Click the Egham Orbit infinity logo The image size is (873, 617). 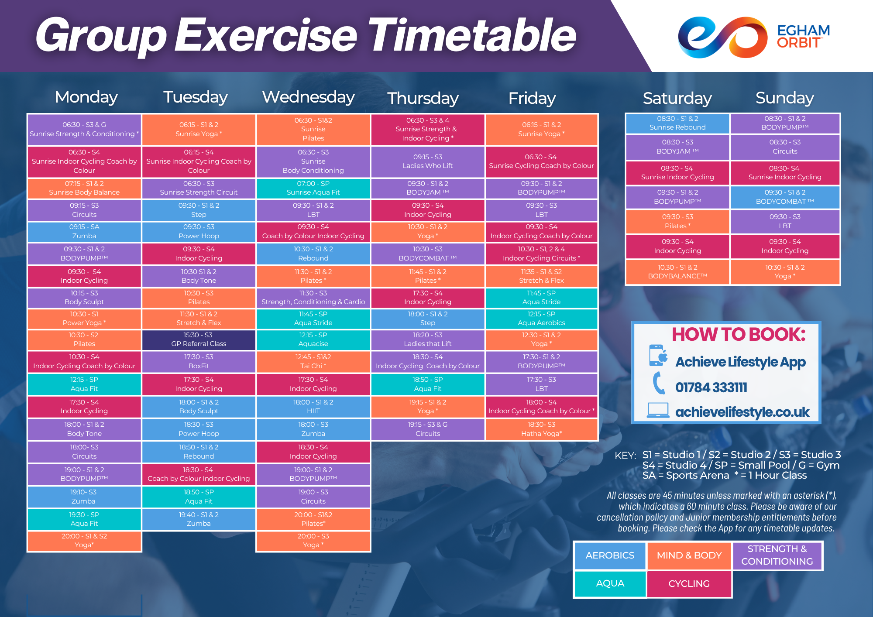pos(722,38)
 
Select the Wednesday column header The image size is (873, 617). pos(308,97)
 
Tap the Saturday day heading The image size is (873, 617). pos(677,98)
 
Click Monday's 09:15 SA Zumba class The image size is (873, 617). pos(84,232)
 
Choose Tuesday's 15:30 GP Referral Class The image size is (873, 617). pos(199,339)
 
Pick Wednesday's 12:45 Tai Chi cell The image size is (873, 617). pos(313,361)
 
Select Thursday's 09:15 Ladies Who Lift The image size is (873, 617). pos(427,161)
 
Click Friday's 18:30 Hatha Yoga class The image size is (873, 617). pos(541,429)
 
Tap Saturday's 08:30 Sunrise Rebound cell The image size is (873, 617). pos(677,123)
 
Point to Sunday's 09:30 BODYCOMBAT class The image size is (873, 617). pos(785,197)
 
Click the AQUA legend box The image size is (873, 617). pos(610,583)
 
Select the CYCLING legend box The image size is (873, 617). pos(689,584)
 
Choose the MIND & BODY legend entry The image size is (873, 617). pos(689,555)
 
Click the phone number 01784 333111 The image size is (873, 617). pos(711,387)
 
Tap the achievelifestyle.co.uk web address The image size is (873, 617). pos(742,412)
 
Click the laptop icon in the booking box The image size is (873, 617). pos(658,410)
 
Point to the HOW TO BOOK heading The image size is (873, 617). pos(739,335)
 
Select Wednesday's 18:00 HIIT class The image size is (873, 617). pos(313,407)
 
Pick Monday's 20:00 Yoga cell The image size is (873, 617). pos(84,541)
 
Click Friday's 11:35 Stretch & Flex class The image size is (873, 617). pos(541,276)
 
